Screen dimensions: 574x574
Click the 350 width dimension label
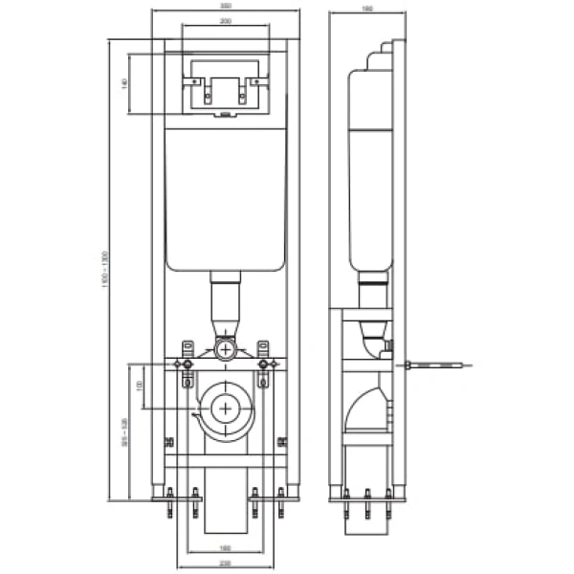pyautogui.click(x=225, y=7)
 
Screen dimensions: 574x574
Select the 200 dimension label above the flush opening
pyautogui.click(x=225, y=20)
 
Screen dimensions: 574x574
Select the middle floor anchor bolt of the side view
pyautogui.click(x=368, y=499)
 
